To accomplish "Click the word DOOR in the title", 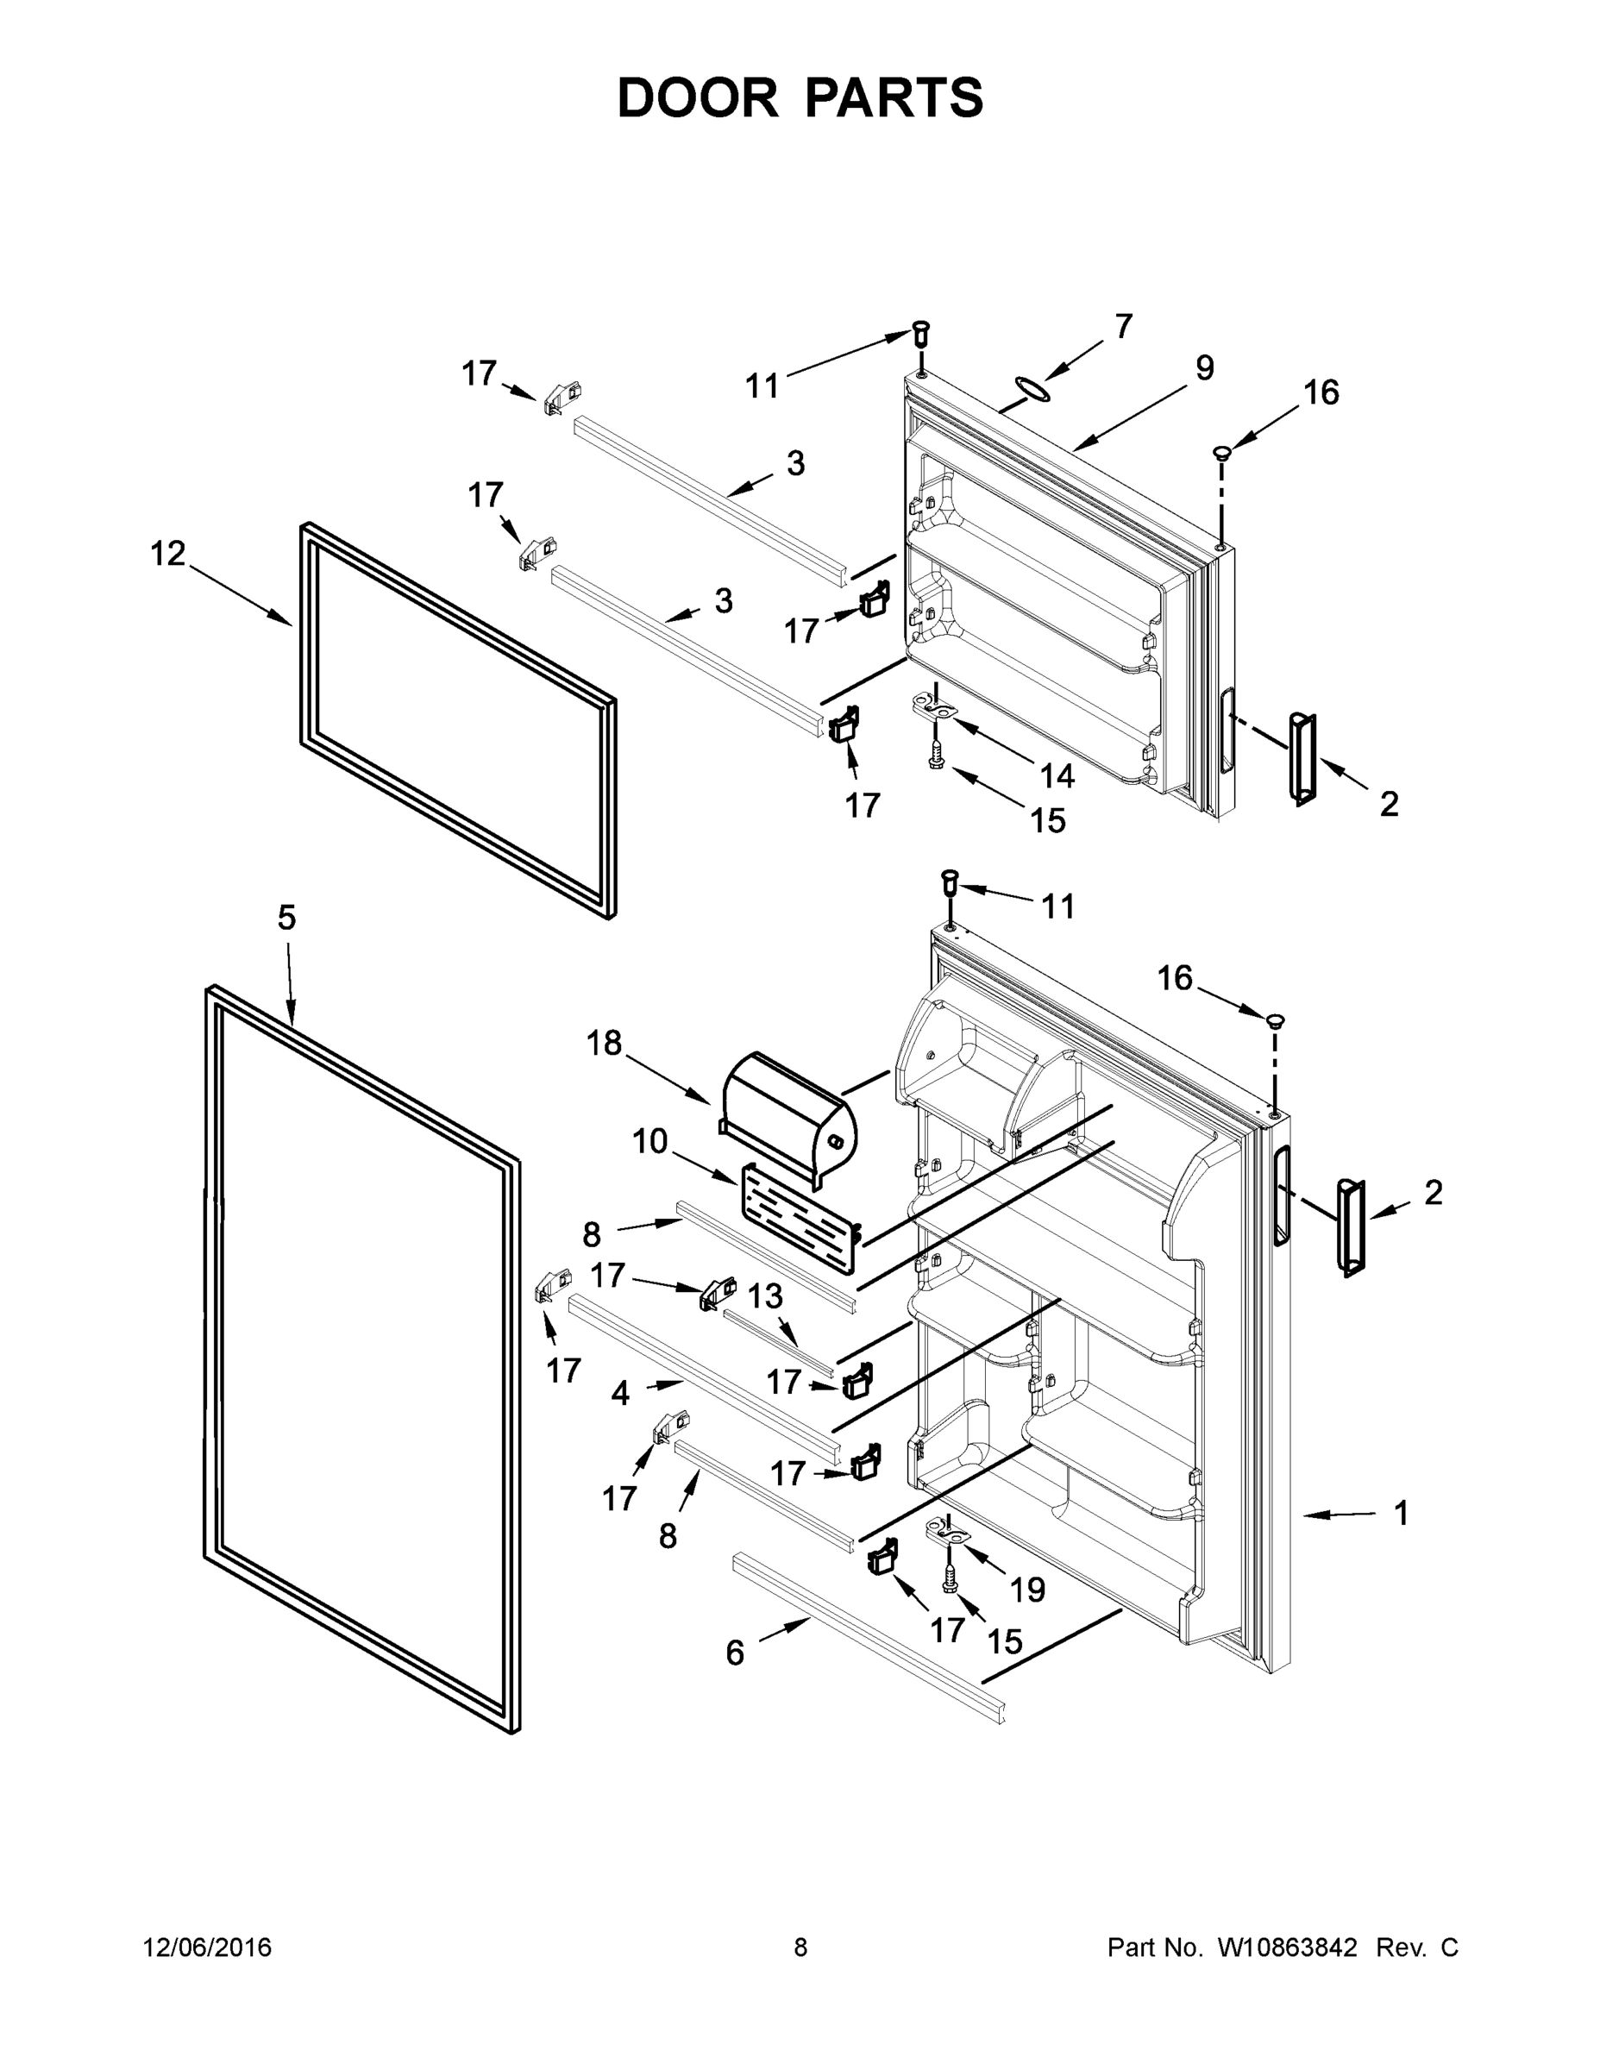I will click(x=698, y=98).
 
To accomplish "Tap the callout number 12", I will click(x=168, y=554).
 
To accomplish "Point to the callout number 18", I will click(x=604, y=1043).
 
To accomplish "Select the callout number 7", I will click(x=1123, y=327).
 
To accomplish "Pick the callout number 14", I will click(x=1057, y=775).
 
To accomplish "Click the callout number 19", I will click(x=1027, y=1589).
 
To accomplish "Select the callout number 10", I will click(x=650, y=1141).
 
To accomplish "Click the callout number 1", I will click(x=1401, y=1513).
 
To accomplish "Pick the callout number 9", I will click(x=1204, y=367).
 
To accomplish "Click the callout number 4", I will click(x=621, y=1392).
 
